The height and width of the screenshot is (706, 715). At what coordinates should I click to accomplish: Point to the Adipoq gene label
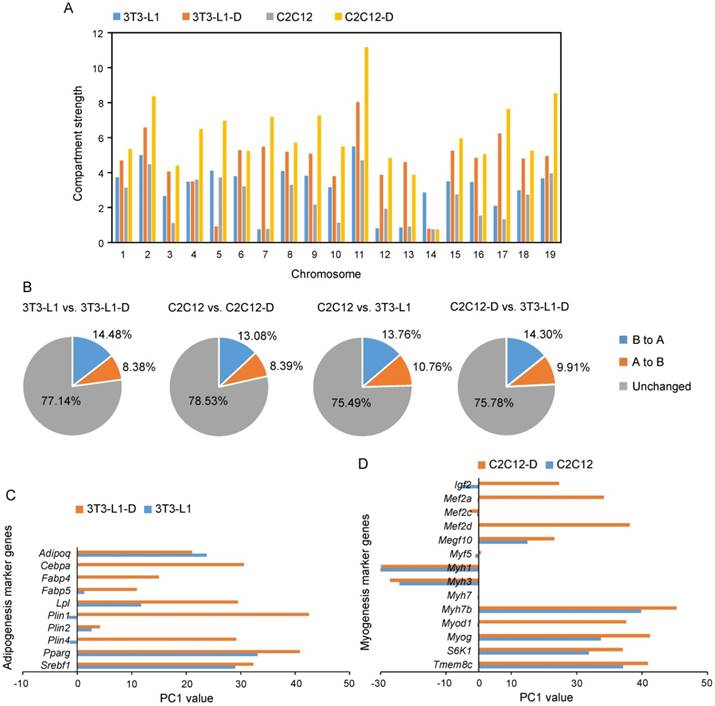[54, 552]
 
